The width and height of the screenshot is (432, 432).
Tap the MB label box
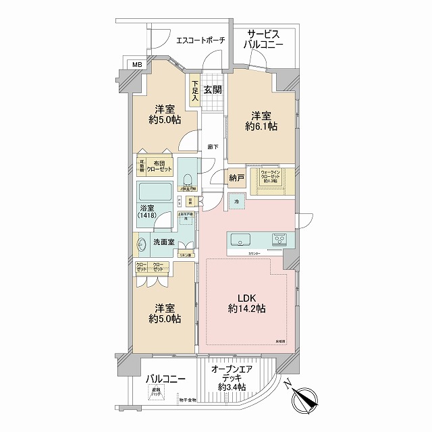pos(137,65)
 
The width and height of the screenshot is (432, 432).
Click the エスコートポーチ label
pos(200,41)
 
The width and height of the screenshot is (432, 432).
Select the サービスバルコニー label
pos(265,38)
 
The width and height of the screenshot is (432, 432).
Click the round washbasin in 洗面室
pos(142,244)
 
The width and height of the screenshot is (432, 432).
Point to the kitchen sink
pos(241,239)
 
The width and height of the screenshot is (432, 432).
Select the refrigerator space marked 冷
pos(236,200)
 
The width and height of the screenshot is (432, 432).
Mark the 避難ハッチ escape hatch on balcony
pos(157,393)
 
